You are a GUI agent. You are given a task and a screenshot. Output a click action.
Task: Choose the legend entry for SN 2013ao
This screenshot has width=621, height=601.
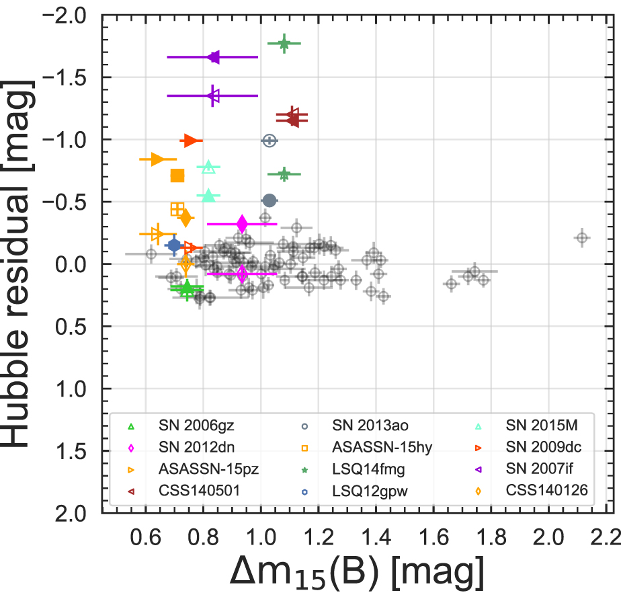(x=370, y=426)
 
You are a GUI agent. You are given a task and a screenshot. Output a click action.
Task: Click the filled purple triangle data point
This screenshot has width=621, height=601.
(x=214, y=57)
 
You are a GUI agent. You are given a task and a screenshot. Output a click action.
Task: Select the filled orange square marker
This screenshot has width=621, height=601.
(x=177, y=175)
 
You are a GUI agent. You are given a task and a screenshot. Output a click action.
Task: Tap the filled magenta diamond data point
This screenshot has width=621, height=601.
(x=242, y=224)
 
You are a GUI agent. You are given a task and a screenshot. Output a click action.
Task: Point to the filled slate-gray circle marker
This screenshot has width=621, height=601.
(x=270, y=200)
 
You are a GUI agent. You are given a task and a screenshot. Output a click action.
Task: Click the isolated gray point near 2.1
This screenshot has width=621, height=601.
(x=582, y=237)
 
